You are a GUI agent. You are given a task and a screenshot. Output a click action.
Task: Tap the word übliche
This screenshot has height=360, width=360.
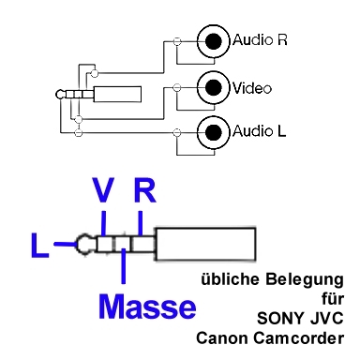pos(230,280)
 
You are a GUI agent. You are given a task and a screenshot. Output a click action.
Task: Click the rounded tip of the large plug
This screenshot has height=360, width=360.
pos(86,245)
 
